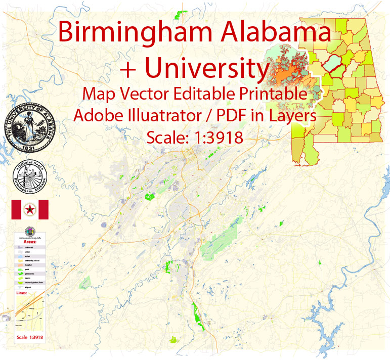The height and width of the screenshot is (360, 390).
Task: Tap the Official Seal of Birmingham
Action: point(30,179)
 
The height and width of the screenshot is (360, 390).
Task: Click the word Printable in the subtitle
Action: point(271,94)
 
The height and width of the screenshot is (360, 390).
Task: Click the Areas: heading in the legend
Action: point(23,242)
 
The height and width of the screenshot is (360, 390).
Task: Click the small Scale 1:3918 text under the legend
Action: point(29,337)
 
